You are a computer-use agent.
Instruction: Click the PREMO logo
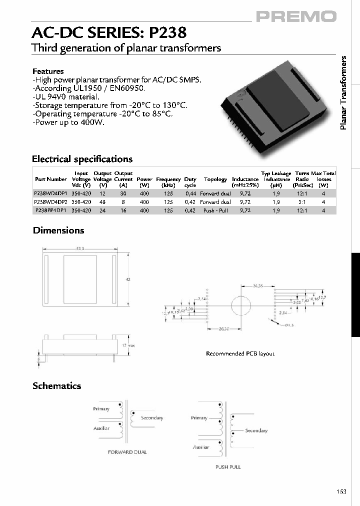click(296, 17)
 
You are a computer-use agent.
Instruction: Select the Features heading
click(48, 71)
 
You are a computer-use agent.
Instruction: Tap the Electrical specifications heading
click(82, 159)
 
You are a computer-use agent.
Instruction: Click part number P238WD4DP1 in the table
click(50, 193)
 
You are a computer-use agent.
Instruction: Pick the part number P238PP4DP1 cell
click(51, 211)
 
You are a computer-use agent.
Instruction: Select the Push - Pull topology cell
click(215, 211)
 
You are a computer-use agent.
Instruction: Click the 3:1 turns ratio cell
click(302, 202)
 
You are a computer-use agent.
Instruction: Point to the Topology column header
click(215, 179)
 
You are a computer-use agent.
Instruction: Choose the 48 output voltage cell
click(102, 202)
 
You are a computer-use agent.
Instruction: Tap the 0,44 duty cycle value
click(190, 193)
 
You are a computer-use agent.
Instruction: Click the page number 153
click(341, 491)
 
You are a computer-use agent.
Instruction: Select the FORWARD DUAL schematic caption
click(127, 452)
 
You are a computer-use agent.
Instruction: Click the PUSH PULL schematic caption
click(228, 467)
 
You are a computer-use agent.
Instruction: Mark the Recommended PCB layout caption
click(240, 353)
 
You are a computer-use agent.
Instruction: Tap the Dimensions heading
click(58, 230)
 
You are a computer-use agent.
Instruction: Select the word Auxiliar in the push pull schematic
click(201, 447)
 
